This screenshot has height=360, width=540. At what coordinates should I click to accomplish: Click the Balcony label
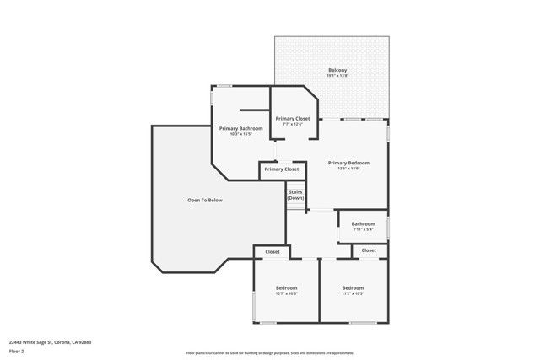click(337, 70)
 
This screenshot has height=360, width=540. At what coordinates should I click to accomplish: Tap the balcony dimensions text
click(337, 76)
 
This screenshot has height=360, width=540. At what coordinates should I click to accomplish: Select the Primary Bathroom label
click(240, 128)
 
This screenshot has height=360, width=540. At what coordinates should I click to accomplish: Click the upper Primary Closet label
click(292, 118)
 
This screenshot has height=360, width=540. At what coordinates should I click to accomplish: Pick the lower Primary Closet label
click(281, 169)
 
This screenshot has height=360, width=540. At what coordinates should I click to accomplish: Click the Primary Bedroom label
click(348, 163)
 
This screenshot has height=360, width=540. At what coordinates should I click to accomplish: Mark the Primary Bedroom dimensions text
click(348, 169)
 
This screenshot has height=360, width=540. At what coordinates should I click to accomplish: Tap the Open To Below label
click(205, 200)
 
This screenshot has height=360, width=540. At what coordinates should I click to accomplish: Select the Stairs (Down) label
click(295, 195)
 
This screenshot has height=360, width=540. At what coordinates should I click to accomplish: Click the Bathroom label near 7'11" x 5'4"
click(364, 223)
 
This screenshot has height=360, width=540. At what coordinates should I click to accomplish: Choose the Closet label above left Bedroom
click(273, 251)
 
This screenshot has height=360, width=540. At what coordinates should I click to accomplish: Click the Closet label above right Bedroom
click(369, 250)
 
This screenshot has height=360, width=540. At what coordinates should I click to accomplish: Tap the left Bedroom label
click(286, 287)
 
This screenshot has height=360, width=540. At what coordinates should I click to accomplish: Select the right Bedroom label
click(353, 287)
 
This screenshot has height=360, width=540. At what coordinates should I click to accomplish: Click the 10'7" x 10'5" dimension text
click(286, 293)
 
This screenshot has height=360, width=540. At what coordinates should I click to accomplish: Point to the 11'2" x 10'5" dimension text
click(353, 293)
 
